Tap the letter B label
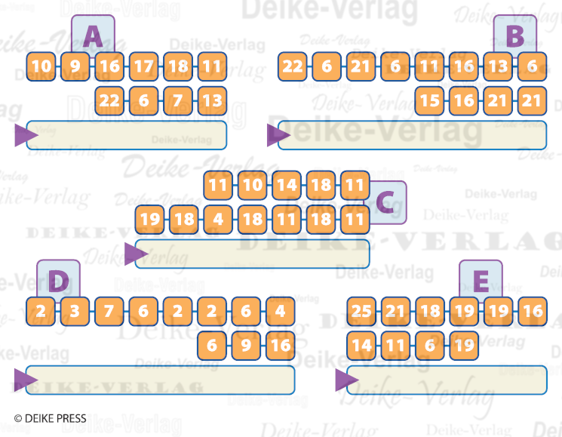coord(514,35)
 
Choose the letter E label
coord(481,282)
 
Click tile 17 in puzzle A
coord(143,66)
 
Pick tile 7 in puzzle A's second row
coord(178,100)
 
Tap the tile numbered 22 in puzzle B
coord(293,66)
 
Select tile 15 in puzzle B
coord(429,100)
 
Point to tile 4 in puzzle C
coord(218,220)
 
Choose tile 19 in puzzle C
coord(150,220)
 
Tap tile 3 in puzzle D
coord(75,311)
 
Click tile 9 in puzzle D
coord(246,346)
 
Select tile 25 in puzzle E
coord(361,311)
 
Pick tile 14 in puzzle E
coord(361,346)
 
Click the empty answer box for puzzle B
coord(412,134)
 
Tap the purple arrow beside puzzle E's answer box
coord(346,380)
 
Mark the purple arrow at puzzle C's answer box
coord(134,254)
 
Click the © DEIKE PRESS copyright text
coord(50,417)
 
